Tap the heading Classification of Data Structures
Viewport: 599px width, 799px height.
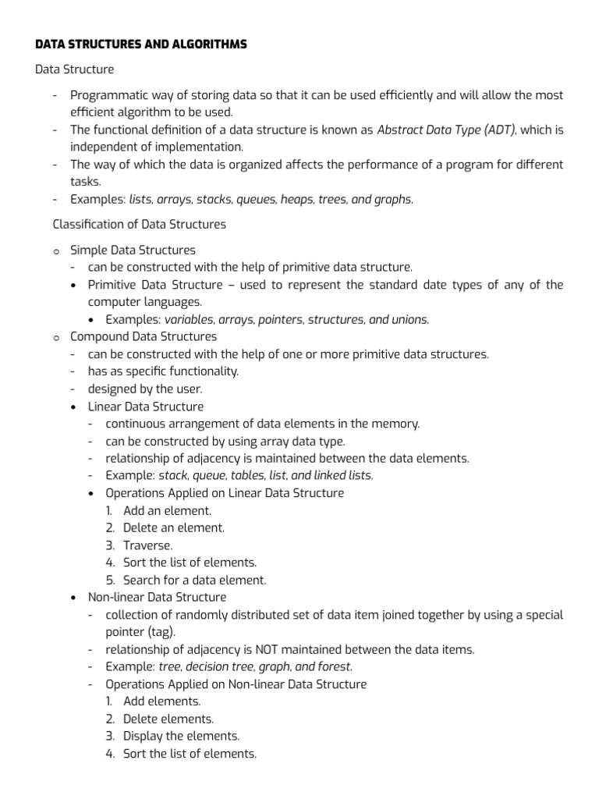pyautogui.click(x=139, y=224)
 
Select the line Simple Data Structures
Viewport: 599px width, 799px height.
pyautogui.click(x=133, y=250)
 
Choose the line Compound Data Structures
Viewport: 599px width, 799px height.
pyautogui.click(x=144, y=336)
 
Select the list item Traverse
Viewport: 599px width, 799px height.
pyautogui.click(x=147, y=545)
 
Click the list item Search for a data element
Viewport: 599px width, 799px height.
pyautogui.click(x=194, y=580)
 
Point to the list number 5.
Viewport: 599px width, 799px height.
pyautogui.click(x=111, y=580)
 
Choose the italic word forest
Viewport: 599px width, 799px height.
pyautogui.click(x=333, y=666)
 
